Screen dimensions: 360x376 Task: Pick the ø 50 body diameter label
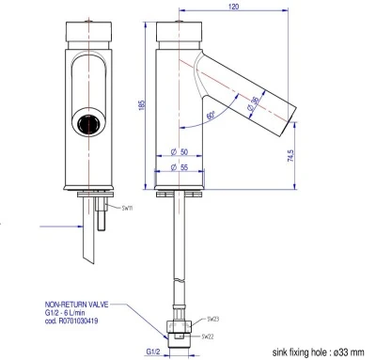click(x=180, y=152)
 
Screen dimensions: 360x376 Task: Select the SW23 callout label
click(x=212, y=320)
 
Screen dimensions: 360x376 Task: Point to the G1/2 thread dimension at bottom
click(x=152, y=351)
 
